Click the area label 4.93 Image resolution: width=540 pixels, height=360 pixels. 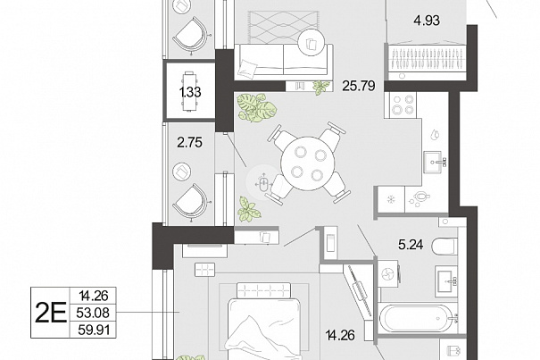click(x=427, y=21)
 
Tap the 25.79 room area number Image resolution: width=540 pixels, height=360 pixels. click(x=359, y=86)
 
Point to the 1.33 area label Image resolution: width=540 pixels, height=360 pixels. click(x=190, y=92)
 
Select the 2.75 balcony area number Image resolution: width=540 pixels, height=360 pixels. click(x=190, y=142)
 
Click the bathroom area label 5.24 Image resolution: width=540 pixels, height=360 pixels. click(x=411, y=245)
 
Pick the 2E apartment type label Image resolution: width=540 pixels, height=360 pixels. click(x=51, y=313)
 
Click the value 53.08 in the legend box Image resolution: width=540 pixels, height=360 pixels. click(x=94, y=313)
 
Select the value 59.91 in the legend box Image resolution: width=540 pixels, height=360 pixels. click(x=94, y=330)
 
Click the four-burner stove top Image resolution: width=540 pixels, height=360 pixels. click(x=403, y=105)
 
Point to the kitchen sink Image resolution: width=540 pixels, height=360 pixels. click(x=435, y=162)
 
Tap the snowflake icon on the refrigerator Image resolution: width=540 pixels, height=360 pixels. click(x=391, y=199)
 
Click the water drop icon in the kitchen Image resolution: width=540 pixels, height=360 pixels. click(x=435, y=135)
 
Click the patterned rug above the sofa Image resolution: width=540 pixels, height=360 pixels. click(x=282, y=27)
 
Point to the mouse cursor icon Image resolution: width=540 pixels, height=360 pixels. click(x=263, y=182)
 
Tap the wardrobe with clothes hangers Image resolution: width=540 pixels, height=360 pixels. click(x=427, y=59)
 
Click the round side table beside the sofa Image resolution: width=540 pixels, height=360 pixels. click(x=312, y=43)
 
